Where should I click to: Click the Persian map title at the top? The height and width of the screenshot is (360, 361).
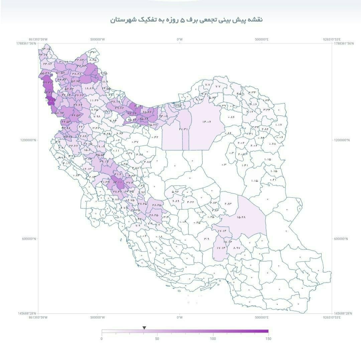point(187,20)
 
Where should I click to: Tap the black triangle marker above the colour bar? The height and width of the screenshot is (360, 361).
point(144,328)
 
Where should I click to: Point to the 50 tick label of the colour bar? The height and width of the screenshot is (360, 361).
point(157,339)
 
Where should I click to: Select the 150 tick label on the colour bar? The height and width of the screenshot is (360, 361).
point(268,339)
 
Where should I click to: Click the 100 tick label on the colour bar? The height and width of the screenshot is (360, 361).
point(213,339)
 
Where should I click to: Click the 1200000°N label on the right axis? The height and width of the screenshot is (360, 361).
point(342,140)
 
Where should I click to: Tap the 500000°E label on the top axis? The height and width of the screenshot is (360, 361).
point(262,39)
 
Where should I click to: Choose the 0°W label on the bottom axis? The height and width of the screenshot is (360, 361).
point(180,317)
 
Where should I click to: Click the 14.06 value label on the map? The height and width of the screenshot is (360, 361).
point(206,122)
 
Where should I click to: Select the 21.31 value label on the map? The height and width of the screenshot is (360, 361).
point(184,129)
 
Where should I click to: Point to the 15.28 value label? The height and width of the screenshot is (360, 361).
point(241,217)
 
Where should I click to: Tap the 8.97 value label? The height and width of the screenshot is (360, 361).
point(237,248)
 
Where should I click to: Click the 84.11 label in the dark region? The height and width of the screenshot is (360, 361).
point(118,182)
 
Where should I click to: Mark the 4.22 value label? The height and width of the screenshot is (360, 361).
point(191,202)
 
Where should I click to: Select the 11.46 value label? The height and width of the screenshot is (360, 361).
point(94,100)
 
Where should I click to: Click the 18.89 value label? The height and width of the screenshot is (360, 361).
point(89,88)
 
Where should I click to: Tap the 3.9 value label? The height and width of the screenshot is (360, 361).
point(207,239)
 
